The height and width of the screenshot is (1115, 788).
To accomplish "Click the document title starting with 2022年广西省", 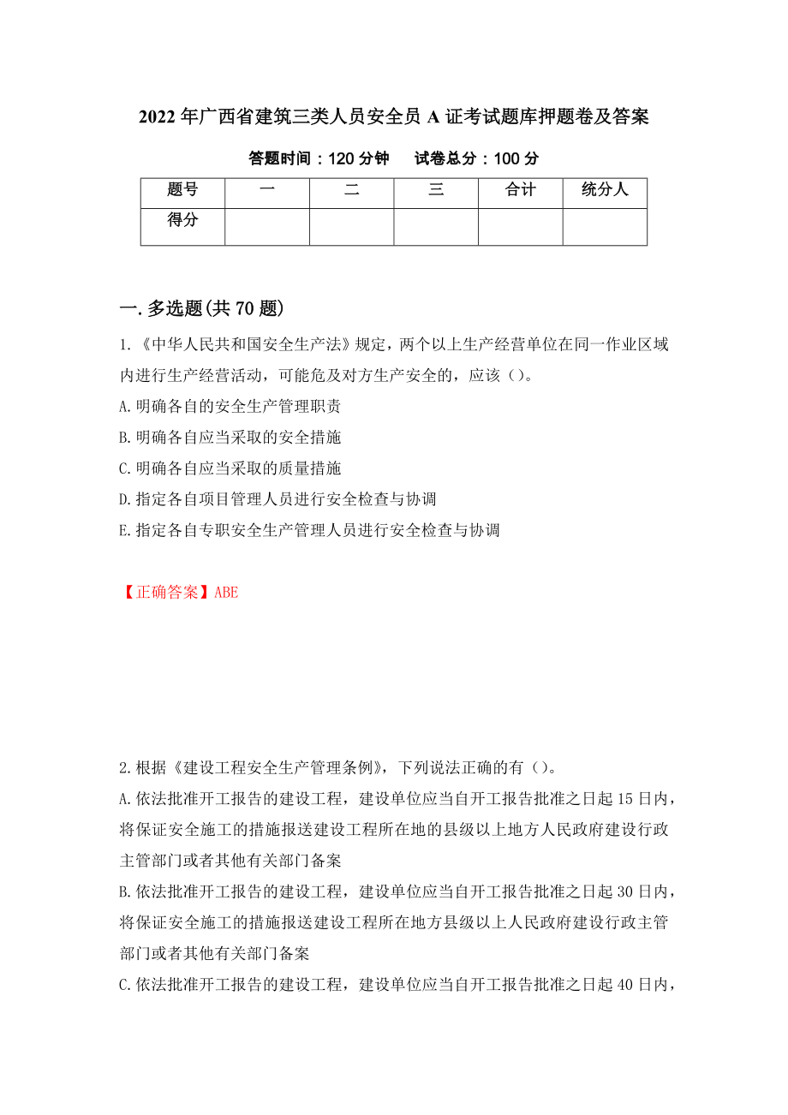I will click(x=393, y=117).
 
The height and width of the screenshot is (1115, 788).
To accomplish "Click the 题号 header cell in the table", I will click(x=182, y=190).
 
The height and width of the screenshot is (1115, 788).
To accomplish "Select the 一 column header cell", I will click(x=266, y=190).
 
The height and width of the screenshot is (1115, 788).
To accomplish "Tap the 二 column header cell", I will click(x=351, y=190).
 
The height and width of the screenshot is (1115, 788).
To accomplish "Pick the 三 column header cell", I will click(x=436, y=190).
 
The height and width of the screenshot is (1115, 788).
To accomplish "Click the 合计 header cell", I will click(x=520, y=190).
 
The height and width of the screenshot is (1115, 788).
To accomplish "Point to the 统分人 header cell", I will click(x=605, y=190).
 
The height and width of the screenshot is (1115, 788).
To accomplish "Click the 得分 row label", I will click(x=182, y=221).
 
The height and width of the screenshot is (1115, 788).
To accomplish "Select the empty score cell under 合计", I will click(x=520, y=227).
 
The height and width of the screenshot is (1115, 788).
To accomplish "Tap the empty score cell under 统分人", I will click(x=605, y=227).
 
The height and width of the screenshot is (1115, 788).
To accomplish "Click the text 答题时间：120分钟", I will click(x=319, y=158).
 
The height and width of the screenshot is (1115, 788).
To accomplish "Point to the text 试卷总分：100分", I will click(x=476, y=158).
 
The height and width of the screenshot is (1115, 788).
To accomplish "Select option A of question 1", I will click(x=230, y=407).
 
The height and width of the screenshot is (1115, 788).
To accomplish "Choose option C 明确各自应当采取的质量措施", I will click(x=230, y=468).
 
